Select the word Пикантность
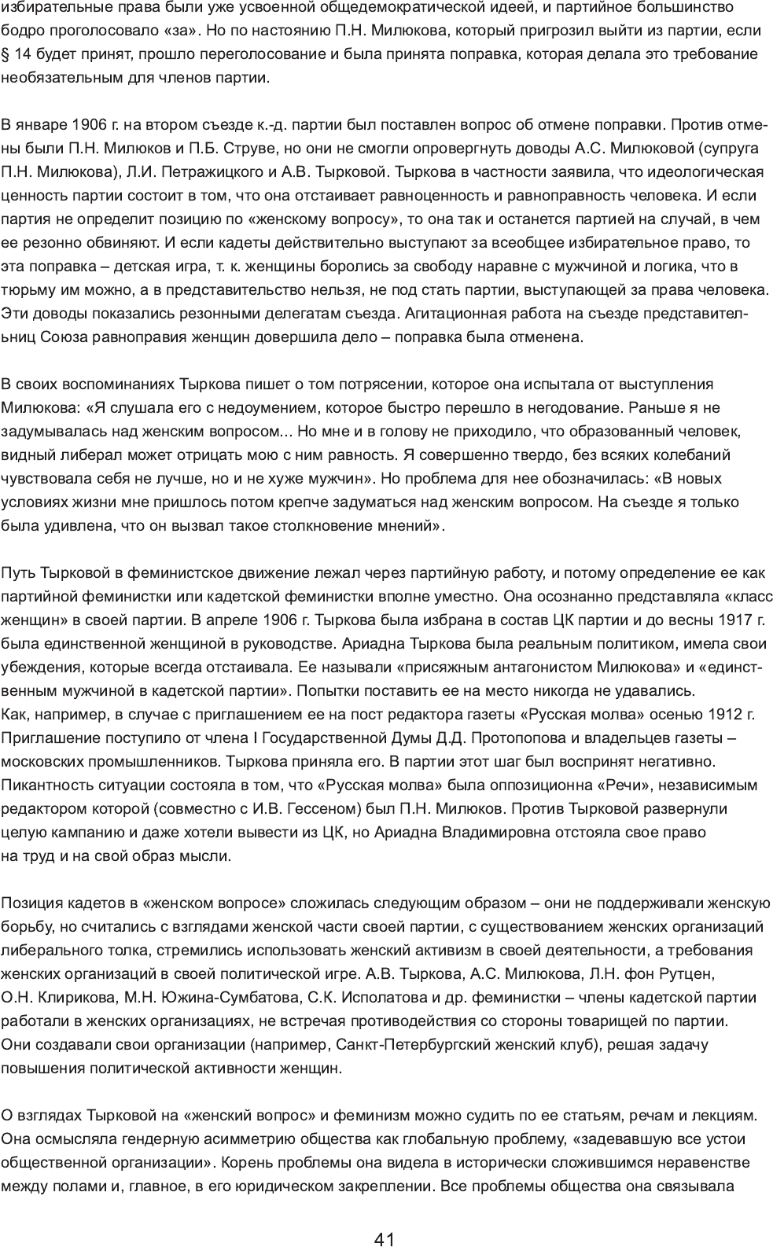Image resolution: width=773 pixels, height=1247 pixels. pos(40,785)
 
